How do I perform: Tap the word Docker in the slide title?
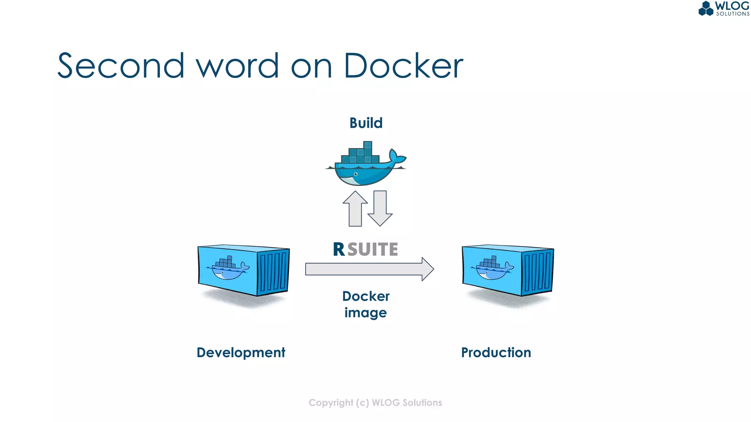click(x=403, y=66)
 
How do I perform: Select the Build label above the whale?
click(x=366, y=123)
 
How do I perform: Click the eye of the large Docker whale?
click(x=356, y=174)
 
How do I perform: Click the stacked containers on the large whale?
click(x=361, y=154)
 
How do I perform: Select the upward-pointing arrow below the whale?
click(x=355, y=209)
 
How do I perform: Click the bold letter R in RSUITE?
click(x=339, y=249)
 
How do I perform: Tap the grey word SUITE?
click(x=373, y=249)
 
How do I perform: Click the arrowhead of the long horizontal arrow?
click(x=427, y=269)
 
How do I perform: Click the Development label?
click(x=241, y=352)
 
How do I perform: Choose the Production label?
click(x=496, y=352)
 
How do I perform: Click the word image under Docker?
click(x=366, y=313)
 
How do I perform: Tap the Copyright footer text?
click(x=375, y=403)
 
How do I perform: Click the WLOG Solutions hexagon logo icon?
click(x=706, y=8)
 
